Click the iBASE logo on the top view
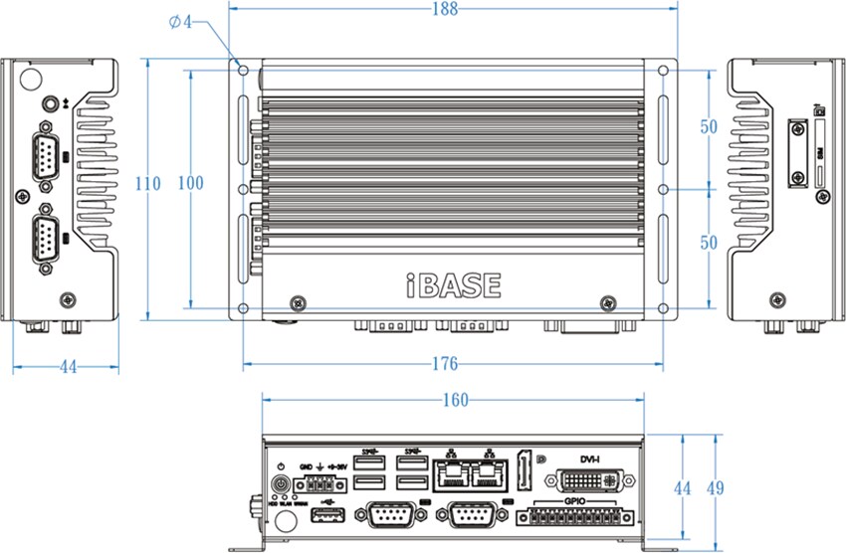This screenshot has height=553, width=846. (x=454, y=285)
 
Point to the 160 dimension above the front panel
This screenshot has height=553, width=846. (x=454, y=401)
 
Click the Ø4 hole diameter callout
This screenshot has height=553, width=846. (x=180, y=22)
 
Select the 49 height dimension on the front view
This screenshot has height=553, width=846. (x=716, y=488)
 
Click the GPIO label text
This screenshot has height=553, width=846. (x=575, y=502)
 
